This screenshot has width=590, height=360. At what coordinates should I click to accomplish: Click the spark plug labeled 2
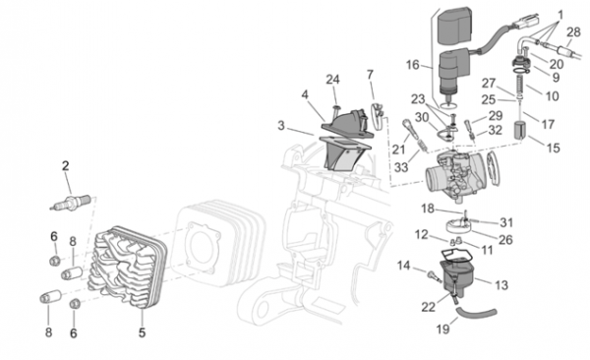[x=71, y=202]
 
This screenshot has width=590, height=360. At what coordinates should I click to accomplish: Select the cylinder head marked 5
[x=127, y=269]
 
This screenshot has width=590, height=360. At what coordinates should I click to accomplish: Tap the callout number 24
[x=332, y=80]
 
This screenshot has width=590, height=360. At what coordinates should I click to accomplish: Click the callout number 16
[x=412, y=65]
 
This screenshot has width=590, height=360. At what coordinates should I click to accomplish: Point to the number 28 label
[x=573, y=32]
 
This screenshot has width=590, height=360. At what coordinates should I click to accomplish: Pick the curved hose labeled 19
[x=476, y=314]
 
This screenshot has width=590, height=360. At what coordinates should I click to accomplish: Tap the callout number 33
[x=401, y=167]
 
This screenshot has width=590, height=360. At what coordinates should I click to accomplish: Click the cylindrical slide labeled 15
[x=519, y=130]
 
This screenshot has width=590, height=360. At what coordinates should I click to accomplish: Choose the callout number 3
[x=281, y=125]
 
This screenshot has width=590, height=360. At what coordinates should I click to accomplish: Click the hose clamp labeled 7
[x=378, y=114]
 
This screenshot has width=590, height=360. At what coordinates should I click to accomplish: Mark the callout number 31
[x=506, y=222]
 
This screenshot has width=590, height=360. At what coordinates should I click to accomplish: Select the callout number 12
[x=422, y=235]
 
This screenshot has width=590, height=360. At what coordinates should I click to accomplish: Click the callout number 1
[x=560, y=16]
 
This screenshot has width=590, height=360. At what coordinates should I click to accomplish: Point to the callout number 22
[x=428, y=307]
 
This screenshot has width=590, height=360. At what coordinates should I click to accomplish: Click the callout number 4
[x=305, y=94]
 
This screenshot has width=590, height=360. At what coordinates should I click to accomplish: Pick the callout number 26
[x=505, y=239]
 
